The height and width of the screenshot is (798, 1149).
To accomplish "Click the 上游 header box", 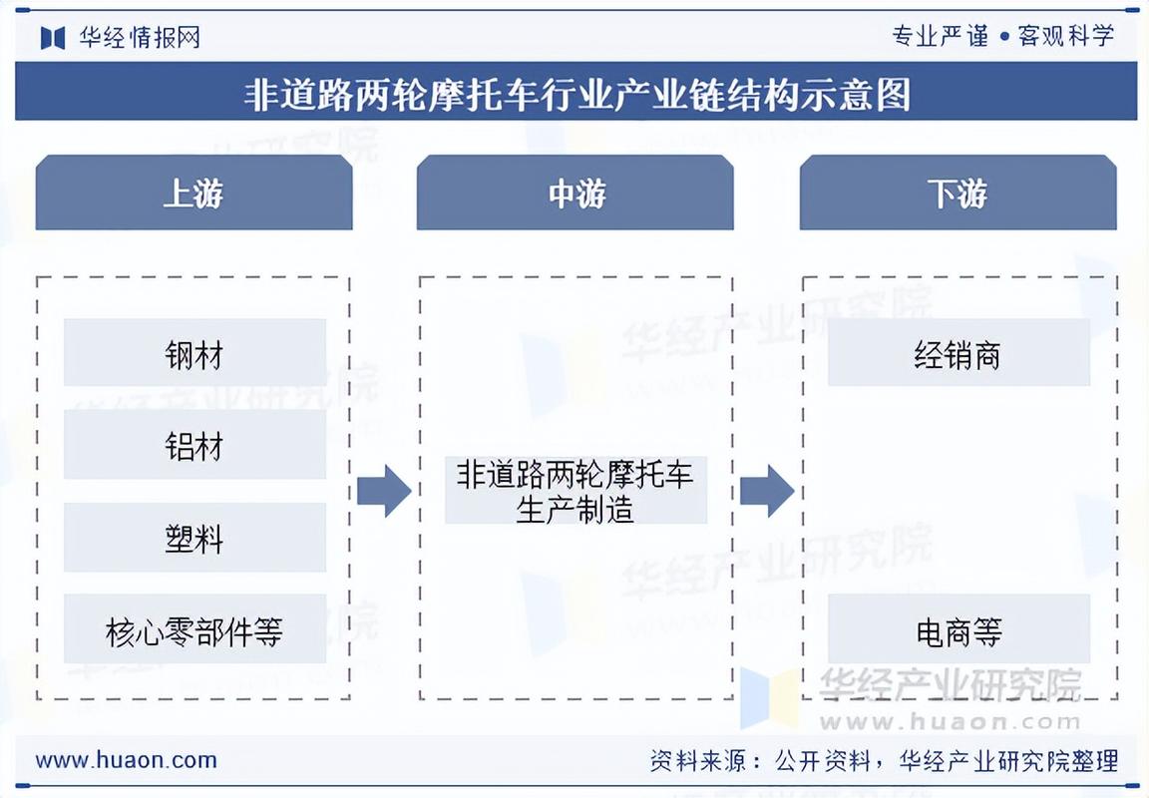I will click(x=193, y=193).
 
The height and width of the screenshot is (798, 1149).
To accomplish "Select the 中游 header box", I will click(x=575, y=193).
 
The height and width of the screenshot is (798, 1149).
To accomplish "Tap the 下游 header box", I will click(x=957, y=193).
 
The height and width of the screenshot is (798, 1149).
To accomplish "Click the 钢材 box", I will click(x=194, y=353).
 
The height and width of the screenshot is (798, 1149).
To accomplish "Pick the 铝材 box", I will click(x=194, y=445).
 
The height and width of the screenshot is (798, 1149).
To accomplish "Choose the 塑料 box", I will click(x=194, y=538).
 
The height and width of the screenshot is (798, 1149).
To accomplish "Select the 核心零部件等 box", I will click(x=194, y=629).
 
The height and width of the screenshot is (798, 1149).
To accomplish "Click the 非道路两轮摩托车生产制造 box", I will click(x=575, y=490).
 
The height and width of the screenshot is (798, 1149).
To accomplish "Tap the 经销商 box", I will click(x=957, y=353).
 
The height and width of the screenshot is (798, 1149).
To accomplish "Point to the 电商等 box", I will click(x=957, y=629).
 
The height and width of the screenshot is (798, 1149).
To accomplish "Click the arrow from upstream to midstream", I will click(x=384, y=490).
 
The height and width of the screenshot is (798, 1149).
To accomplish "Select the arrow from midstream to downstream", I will click(x=766, y=490).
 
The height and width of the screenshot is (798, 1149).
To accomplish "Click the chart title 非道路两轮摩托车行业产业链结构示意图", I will click(x=575, y=95).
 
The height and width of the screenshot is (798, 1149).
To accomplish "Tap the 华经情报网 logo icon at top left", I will click(x=53, y=37).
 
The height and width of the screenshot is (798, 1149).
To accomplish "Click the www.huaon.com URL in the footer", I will click(x=126, y=760).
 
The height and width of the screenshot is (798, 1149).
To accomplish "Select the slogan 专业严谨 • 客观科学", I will click(x=1002, y=37).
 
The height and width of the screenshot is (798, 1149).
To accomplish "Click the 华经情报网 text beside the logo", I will click(x=140, y=37).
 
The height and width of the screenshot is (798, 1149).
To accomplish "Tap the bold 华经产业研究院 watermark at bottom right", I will click(x=950, y=685).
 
